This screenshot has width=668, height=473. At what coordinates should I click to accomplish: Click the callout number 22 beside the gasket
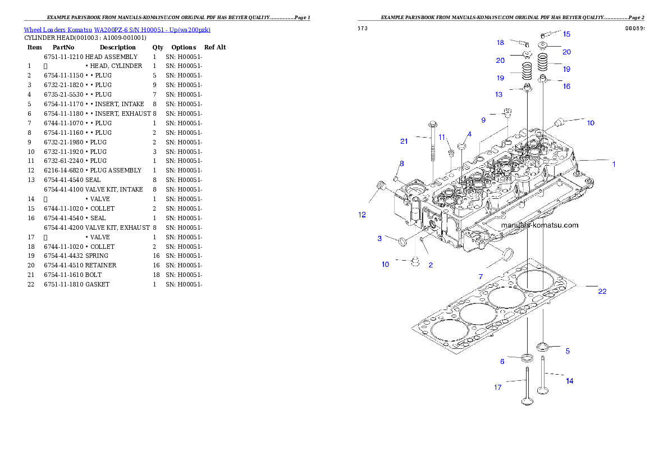pos(602,292)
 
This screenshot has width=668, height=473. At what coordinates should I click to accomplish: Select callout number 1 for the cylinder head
pos(614,165)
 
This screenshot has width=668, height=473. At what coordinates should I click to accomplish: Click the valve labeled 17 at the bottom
pos(528,388)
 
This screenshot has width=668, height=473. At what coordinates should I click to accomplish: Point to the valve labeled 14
pos(543,376)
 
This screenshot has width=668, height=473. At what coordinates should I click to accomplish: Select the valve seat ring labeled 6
pos(528,358)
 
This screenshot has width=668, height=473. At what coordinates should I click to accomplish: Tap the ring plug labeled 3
pos(402,242)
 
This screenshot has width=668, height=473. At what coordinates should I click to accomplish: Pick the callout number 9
pos(483,120)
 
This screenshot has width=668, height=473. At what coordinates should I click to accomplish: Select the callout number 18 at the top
pos(500,43)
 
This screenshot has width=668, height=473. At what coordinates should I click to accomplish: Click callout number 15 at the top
pos(566,34)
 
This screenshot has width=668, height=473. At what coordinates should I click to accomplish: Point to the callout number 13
pos(498,94)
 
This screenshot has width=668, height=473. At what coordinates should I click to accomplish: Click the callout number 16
pos(566,87)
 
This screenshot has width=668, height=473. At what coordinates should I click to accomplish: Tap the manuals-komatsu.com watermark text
pos(539,225)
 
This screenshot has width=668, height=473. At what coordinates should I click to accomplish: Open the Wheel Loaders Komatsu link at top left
pos(117,30)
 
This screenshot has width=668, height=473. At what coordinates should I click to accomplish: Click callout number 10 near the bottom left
pos(385,264)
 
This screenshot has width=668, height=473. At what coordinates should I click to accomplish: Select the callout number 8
pos(401,163)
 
